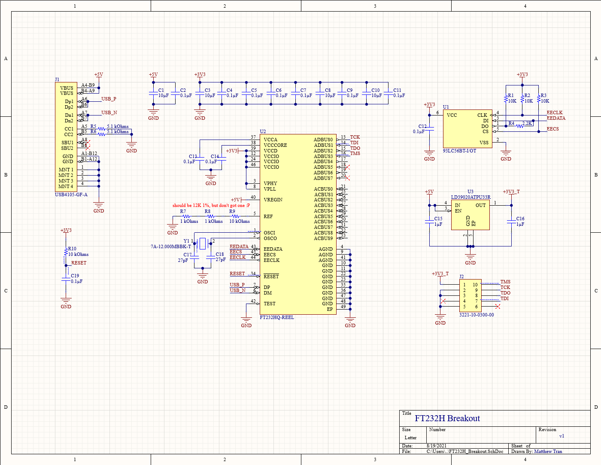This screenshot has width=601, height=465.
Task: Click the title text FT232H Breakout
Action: [447, 419]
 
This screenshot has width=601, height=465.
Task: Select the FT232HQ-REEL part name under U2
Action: [277, 318]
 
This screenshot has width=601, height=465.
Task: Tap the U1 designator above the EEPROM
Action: [446, 107]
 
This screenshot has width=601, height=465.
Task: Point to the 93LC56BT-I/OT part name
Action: [459, 151]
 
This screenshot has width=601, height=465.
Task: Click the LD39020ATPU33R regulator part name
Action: [470, 198]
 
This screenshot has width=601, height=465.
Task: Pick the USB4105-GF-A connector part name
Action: [71, 195]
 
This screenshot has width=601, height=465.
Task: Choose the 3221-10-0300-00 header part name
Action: [477, 315]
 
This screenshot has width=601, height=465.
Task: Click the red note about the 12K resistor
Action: [211, 205]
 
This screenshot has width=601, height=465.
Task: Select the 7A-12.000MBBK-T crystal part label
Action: [170, 247]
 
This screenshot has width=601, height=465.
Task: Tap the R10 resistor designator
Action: [72, 249]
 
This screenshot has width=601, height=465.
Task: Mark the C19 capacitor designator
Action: [75, 276]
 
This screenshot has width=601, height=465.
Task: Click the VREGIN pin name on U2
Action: [273, 200]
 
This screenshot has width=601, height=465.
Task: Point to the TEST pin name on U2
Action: [270, 304]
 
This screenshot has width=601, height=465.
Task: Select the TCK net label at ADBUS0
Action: [355, 137]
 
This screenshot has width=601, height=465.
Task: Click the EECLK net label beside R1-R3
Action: [554, 113]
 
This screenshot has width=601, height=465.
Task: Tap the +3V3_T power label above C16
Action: [511, 192]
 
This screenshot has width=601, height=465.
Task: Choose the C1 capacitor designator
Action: [161, 91]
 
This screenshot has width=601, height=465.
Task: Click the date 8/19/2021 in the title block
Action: [436, 446]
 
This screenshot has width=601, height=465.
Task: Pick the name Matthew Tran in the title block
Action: [548, 452]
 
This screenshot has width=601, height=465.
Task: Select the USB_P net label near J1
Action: [109, 99]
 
